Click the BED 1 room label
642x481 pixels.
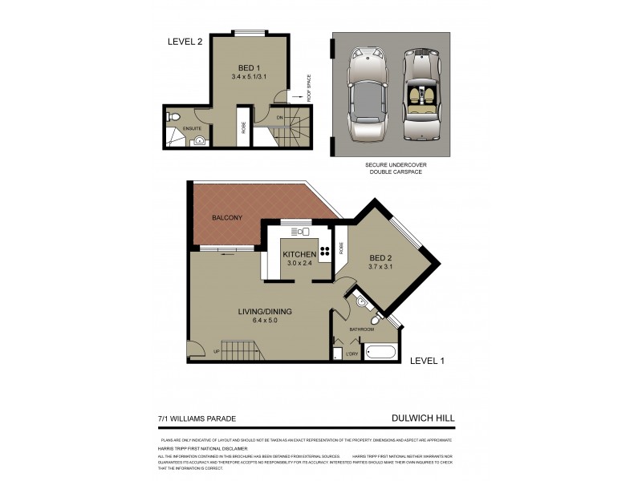(249, 67)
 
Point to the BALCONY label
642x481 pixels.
(227, 217)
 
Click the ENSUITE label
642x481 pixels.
(192, 128)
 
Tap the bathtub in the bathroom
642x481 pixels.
(380, 351)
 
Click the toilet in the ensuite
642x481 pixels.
(174, 117)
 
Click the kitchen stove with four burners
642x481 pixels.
(326, 250)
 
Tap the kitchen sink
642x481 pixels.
(303, 232)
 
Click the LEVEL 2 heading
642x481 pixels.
(184, 42)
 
